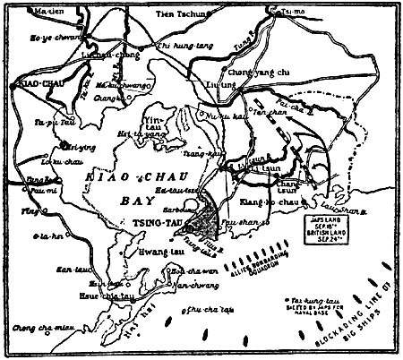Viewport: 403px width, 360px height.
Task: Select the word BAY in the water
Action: (132, 202)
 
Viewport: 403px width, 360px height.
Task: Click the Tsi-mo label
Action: (279, 13)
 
